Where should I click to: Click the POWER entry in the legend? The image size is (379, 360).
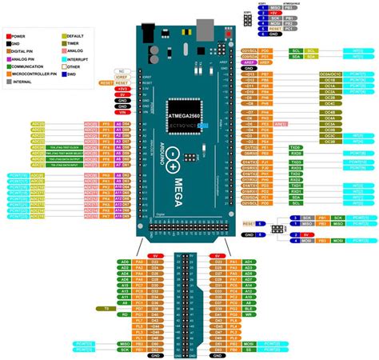click(x=18, y=36)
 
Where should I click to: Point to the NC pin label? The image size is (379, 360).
click(x=122, y=71)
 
